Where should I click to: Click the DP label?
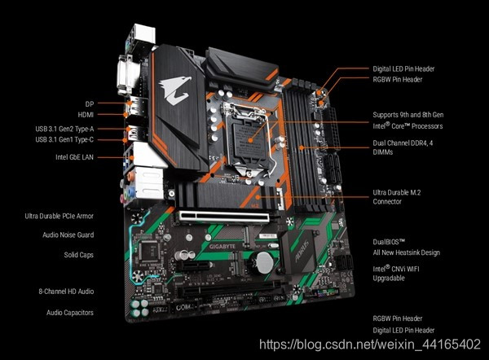point(90,103)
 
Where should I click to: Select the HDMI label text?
point(86,115)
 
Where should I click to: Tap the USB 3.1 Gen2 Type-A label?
point(64,129)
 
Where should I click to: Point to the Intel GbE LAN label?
point(74,157)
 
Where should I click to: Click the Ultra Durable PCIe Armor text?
point(59,216)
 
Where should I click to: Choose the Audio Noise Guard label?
point(68,235)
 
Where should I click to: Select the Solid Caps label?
point(79,255)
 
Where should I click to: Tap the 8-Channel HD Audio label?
point(66,292)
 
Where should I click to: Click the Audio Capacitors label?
point(70,313)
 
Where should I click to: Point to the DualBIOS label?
point(389,242)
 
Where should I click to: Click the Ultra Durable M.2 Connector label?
point(397,197)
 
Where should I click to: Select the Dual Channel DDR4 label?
point(403,147)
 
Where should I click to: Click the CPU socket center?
point(250,140)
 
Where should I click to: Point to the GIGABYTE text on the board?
point(222,247)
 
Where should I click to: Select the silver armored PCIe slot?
point(224,217)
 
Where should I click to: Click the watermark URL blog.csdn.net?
point(370,345)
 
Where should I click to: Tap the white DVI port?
point(128,75)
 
